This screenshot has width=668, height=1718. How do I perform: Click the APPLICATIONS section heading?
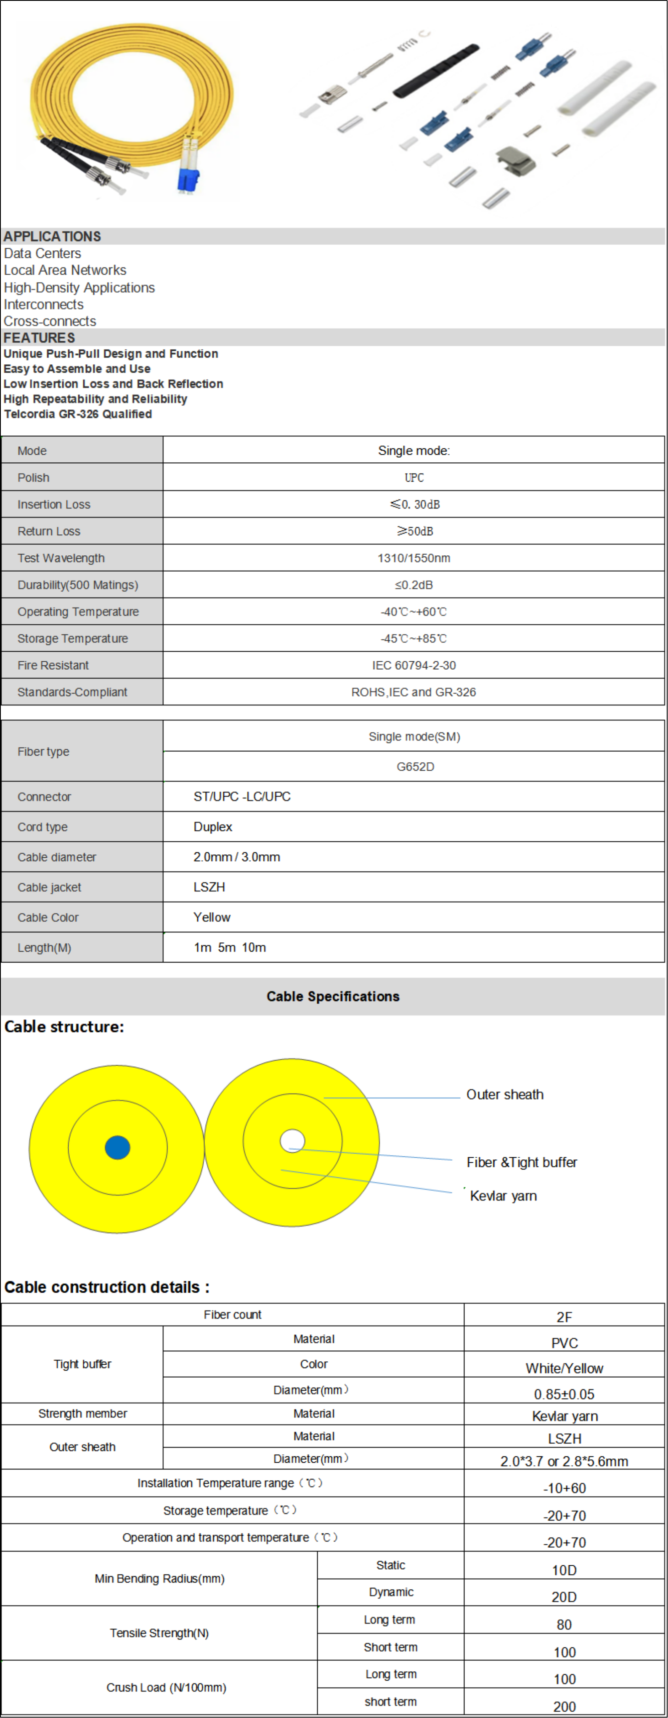53,236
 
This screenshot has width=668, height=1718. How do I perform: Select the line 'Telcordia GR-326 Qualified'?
78,414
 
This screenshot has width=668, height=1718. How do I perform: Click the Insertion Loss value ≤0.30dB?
415,504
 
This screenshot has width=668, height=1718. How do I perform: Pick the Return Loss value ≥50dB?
415,531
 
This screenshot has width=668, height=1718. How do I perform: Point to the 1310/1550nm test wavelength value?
414,558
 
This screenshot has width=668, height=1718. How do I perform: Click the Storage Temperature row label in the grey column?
73,638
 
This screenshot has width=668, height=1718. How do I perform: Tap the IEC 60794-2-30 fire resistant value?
414,665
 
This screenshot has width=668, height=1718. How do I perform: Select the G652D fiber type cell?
415,766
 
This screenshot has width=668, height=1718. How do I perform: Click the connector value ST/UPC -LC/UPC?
242,796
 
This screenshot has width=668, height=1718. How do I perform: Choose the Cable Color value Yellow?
212,917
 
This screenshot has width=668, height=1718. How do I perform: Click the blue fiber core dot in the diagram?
117,1147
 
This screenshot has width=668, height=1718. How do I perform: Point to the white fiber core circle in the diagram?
292,1140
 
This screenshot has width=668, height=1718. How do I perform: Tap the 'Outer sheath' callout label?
505,1095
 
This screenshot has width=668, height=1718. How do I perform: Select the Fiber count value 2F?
564,1317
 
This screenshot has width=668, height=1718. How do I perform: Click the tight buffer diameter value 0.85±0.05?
564,1394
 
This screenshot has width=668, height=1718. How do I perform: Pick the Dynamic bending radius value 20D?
564,1596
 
